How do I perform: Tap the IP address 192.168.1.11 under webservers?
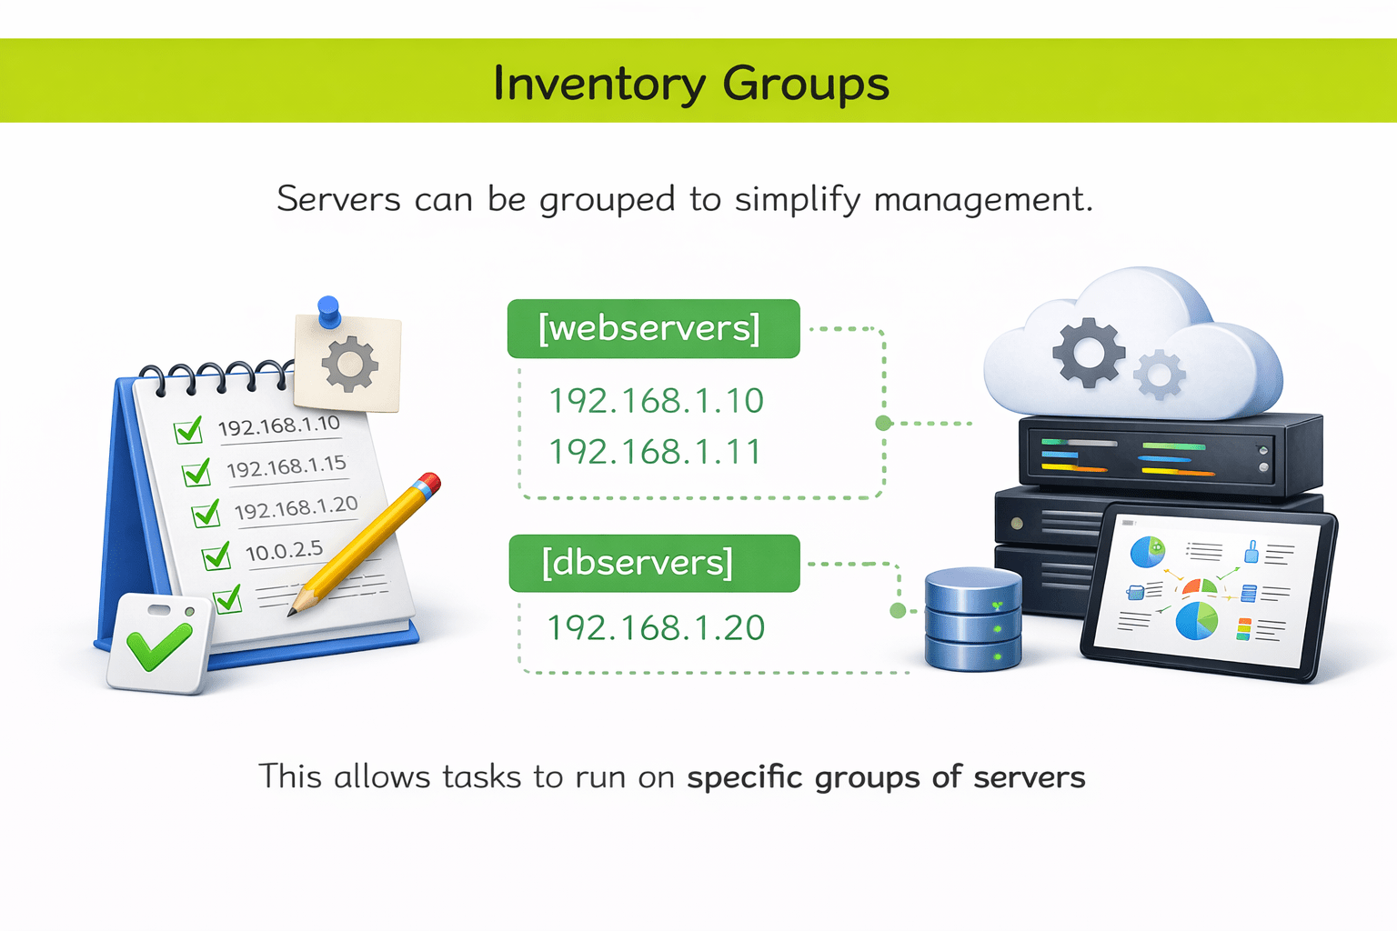pos(655,452)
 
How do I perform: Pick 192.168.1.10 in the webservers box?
pos(656,401)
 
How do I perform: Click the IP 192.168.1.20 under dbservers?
pos(656,628)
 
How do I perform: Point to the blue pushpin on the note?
pos(329,311)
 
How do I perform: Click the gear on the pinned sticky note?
pos(350,365)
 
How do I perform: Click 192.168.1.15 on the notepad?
pos(286,467)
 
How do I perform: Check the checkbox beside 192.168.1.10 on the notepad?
pos(188,430)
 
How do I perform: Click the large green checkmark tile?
pos(159,644)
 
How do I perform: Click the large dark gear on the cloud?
pos(1088,352)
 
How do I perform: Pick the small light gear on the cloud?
pos(1160,374)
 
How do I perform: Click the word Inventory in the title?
pos(598,84)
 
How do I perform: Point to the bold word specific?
pos(745,777)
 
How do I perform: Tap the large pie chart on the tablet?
pos(1196,620)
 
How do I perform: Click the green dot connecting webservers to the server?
pos(882,423)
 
